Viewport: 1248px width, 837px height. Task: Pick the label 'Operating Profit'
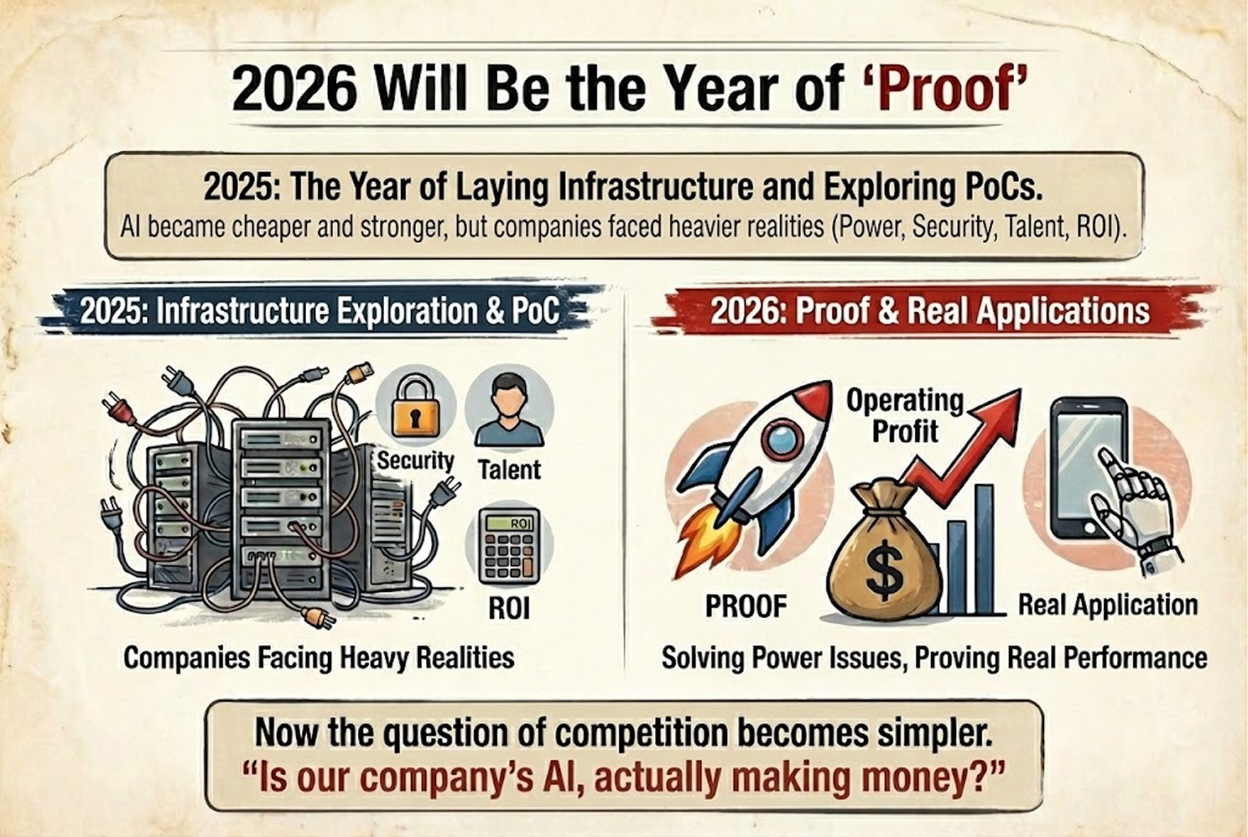(x=905, y=415)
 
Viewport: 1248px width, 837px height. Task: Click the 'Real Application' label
(x=1108, y=605)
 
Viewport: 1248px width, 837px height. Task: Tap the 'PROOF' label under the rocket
(x=746, y=607)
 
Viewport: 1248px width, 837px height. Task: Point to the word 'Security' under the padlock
(x=415, y=461)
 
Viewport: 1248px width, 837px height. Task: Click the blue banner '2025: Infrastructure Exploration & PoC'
(x=320, y=310)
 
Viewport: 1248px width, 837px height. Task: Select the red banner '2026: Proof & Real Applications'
(x=931, y=310)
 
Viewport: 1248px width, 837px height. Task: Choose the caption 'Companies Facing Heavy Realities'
(x=319, y=658)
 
